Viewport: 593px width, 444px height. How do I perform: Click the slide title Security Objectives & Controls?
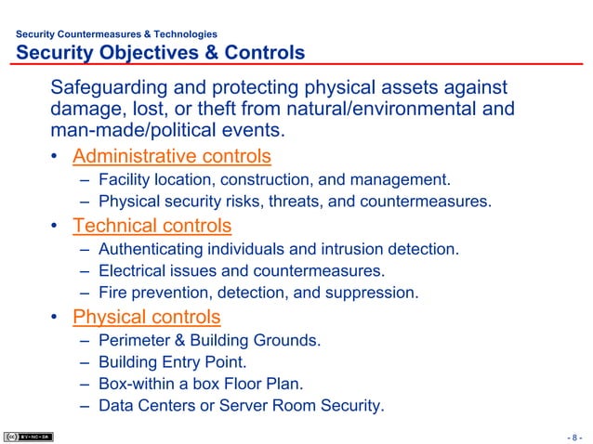(161, 53)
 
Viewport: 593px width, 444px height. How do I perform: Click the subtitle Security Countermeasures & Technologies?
(117, 34)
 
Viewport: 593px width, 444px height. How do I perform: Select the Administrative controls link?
(172, 155)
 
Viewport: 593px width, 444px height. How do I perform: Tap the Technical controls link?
(152, 226)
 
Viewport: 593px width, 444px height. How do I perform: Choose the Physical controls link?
(147, 317)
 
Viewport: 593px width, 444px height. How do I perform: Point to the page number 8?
(575, 437)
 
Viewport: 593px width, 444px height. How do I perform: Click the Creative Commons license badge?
(28, 437)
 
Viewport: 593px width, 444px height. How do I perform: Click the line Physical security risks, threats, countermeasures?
(294, 201)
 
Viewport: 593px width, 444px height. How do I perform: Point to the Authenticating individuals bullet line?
(278, 249)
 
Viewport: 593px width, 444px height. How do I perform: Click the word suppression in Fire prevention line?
(370, 294)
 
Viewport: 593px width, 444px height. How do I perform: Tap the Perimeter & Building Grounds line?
(209, 340)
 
